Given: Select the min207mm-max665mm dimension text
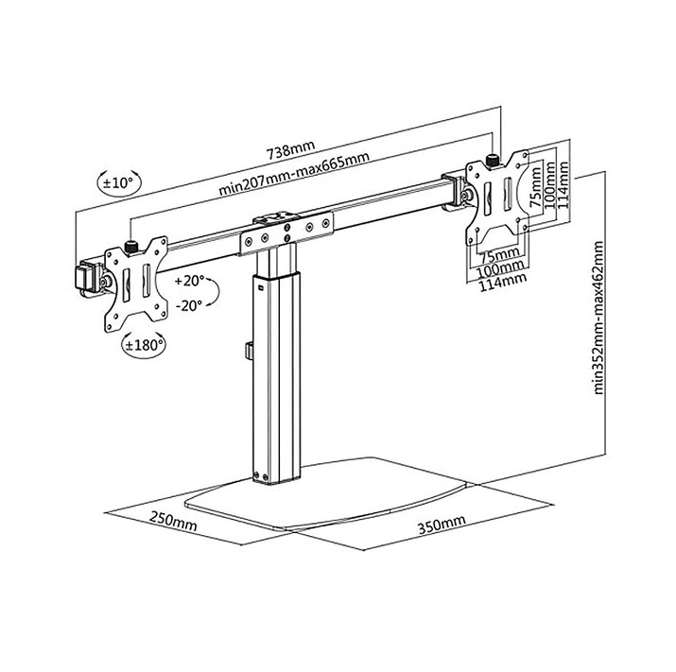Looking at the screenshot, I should [294, 173].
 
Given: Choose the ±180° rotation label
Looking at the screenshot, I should [144, 346].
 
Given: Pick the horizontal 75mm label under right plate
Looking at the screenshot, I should [498, 254].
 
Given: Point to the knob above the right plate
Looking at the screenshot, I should [491, 157].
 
